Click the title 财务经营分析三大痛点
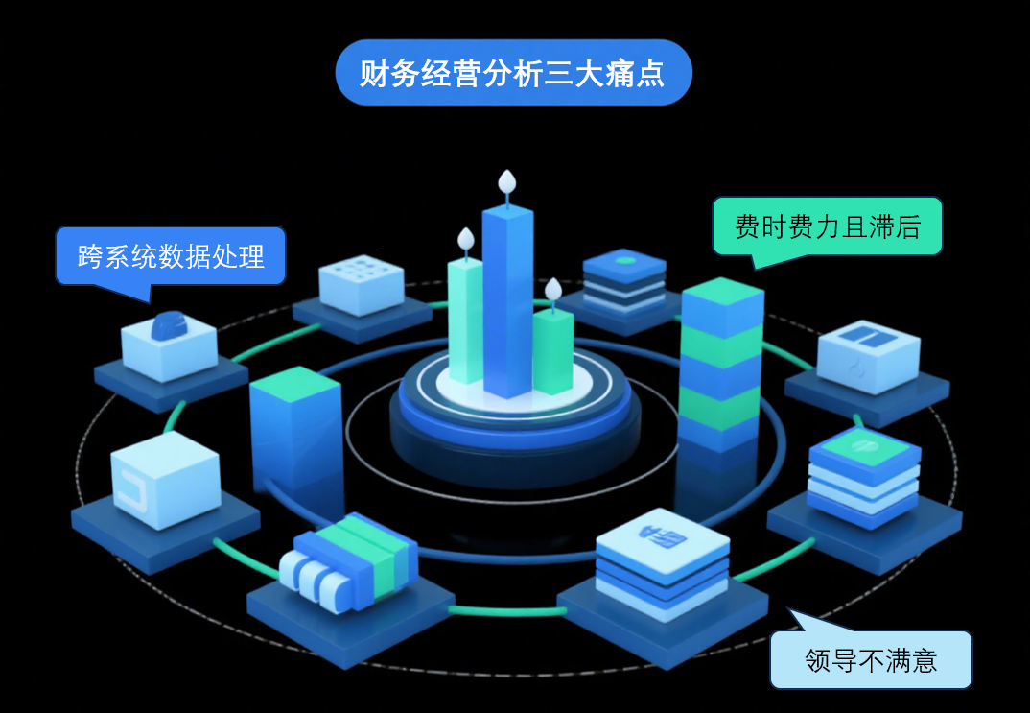(x=513, y=73)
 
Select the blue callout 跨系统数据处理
(x=171, y=256)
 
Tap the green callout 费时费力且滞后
(x=827, y=226)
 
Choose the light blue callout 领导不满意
(x=871, y=659)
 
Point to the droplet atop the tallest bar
(x=506, y=181)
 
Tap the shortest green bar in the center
(x=553, y=350)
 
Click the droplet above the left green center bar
(x=466, y=238)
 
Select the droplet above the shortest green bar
(x=552, y=288)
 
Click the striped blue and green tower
(x=721, y=365)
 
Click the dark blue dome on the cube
(x=169, y=326)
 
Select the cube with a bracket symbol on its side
(x=165, y=480)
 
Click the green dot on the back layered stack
(x=624, y=260)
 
